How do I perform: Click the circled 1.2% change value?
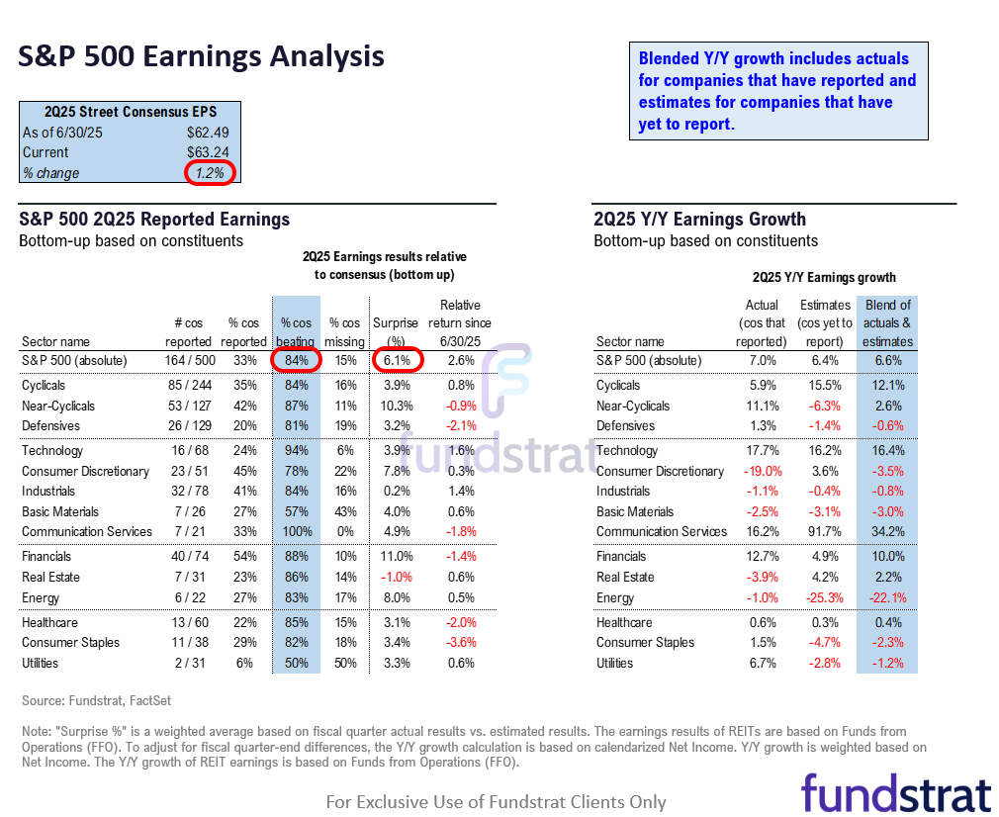209,173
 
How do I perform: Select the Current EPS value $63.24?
210,152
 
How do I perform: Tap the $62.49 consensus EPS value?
210,132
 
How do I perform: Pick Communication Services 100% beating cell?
296,531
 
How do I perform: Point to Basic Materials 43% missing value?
344,511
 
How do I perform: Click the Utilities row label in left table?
40,663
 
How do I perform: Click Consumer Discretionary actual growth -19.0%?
762,471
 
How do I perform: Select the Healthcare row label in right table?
624,622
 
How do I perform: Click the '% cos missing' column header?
344,331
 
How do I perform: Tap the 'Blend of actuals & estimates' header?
887,322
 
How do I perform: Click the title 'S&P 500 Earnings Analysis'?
201,56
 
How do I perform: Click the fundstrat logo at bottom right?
895,793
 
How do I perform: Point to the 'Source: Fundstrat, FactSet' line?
97,701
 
